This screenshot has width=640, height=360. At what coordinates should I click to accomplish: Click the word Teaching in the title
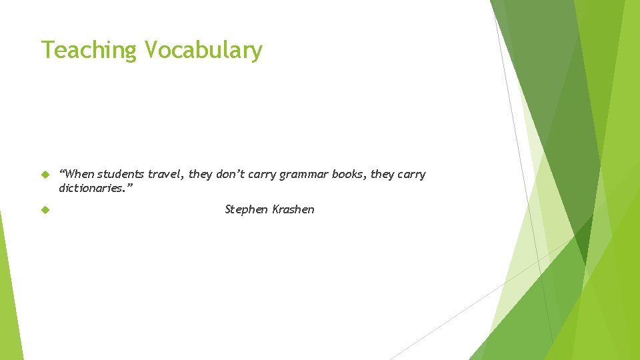tap(88, 50)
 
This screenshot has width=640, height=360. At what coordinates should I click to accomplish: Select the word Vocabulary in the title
tap(203, 50)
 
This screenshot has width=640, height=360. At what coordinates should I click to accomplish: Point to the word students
tap(121, 175)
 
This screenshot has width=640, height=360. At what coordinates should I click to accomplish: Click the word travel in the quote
tap(164, 175)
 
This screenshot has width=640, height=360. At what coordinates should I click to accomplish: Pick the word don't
tap(231, 175)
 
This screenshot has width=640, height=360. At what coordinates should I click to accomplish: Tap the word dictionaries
tap(90, 188)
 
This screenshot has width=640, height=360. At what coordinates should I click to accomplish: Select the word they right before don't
tap(200, 175)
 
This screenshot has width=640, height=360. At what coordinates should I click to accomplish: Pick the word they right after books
tap(382, 175)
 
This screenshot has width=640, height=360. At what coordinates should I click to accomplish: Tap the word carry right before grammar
tap(263, 175)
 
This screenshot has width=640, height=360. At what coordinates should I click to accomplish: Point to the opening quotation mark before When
tap(62, 172)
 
